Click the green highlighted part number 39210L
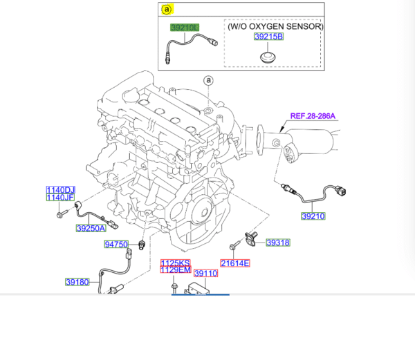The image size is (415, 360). click(185, 27)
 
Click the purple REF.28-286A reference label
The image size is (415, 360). click(313, 117)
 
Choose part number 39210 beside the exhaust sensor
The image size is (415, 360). click(313, 216)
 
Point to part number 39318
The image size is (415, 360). click(277, 243)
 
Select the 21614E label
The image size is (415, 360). click(235, 263)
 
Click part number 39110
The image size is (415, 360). click(205, 274)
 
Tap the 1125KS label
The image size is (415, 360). click(175, 263)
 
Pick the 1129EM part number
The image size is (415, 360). click(175, 270)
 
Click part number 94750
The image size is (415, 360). click(116, 245)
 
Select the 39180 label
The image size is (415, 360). click(77, 282)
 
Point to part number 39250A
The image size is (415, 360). click(91, 228)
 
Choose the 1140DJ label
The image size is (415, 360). click(60, 190)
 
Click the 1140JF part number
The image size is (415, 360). click(60, 198)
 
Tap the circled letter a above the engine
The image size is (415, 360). click(207, 81)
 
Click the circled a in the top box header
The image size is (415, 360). click(167, 9)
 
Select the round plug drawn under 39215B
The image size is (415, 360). click(266, 56)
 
